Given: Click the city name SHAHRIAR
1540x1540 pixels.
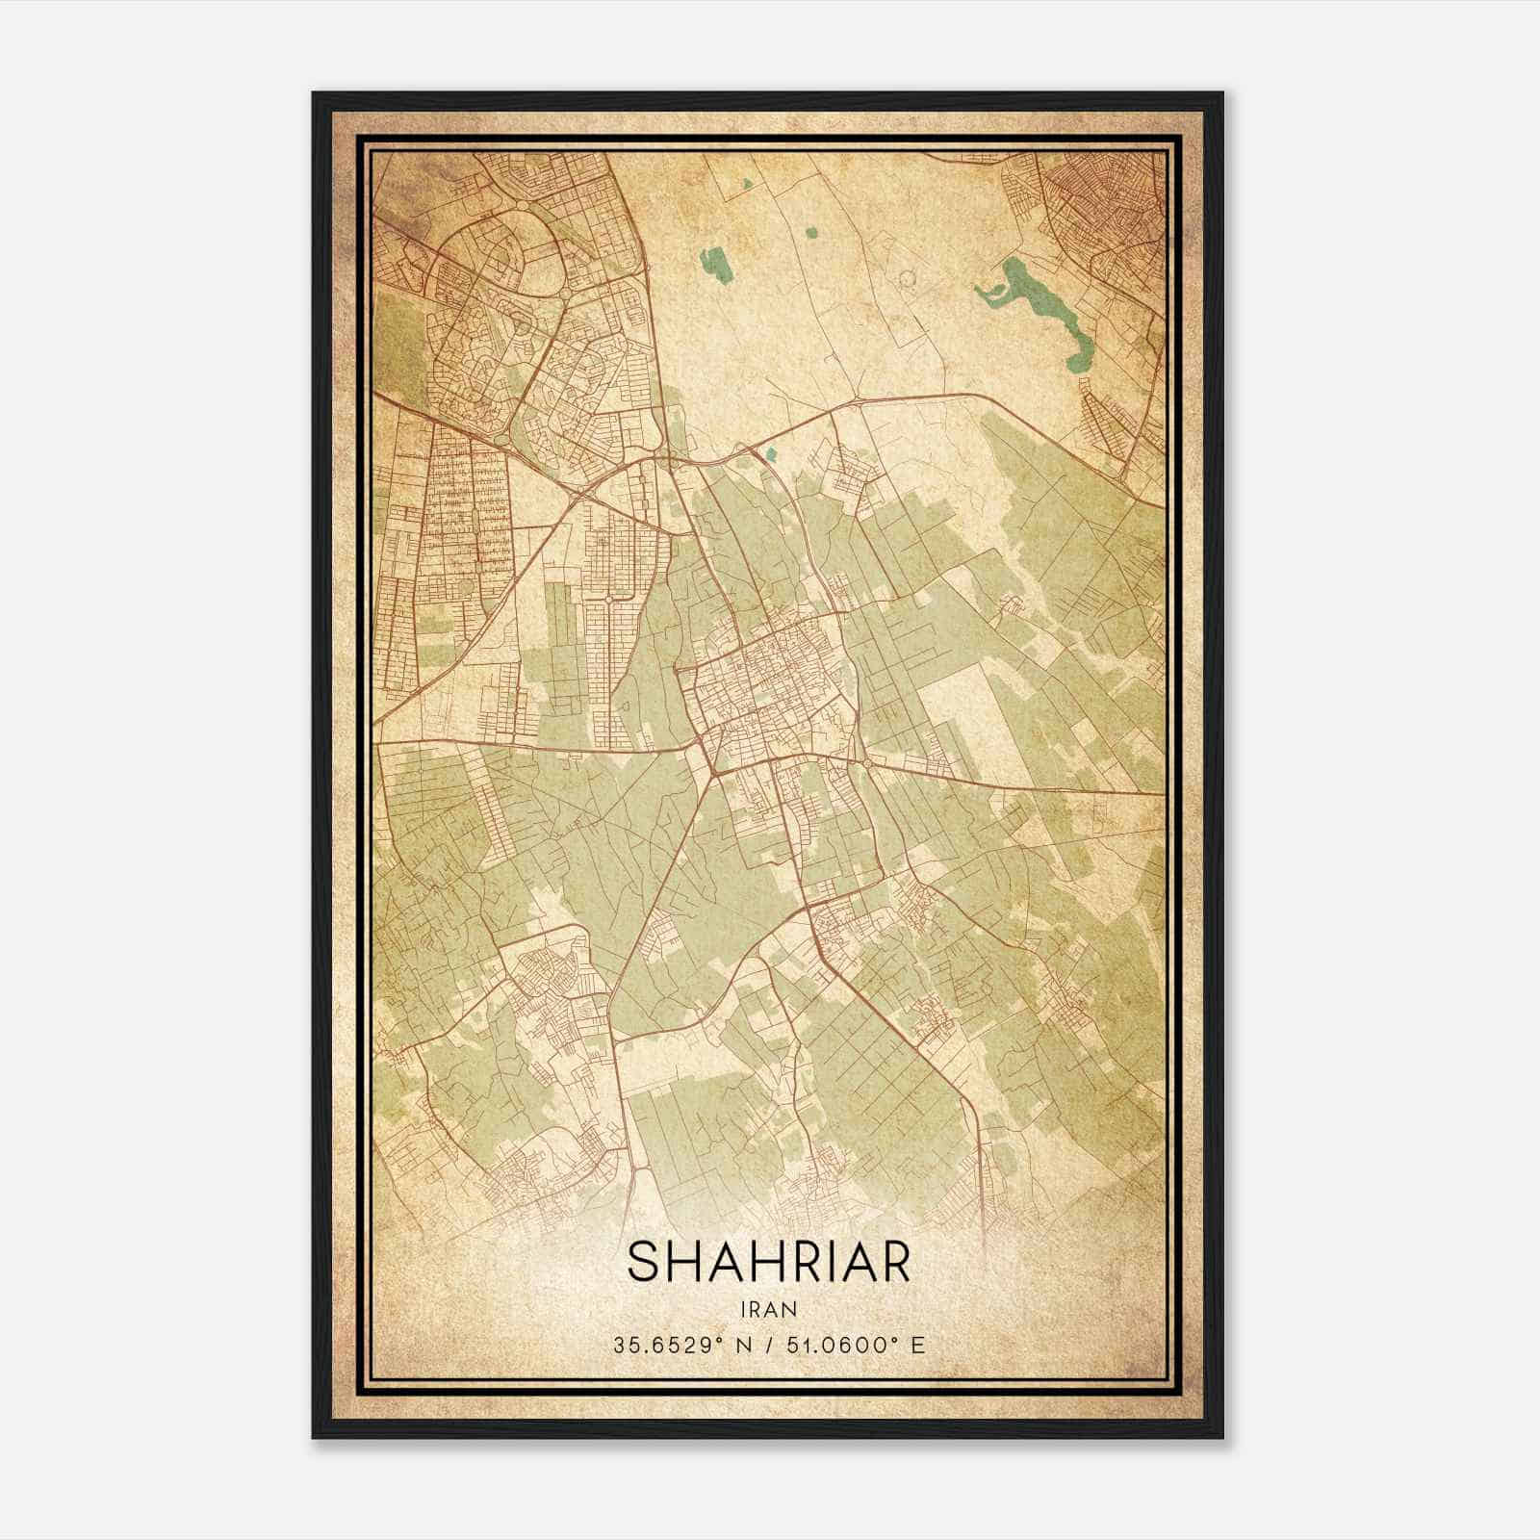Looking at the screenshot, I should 768,1262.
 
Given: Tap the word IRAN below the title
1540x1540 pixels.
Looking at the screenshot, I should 768,1309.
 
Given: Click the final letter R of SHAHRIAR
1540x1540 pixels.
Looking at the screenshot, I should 895,1262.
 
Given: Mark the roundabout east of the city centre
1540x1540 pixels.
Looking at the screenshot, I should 869,763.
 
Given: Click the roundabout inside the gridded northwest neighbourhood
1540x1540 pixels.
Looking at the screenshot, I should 608,600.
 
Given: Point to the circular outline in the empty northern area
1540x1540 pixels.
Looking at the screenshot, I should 905,280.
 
